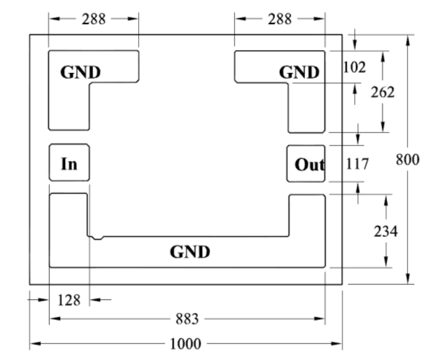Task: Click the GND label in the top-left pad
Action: pos(81,72)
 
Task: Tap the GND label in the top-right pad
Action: pos(299,72)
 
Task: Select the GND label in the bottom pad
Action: pos(190,252)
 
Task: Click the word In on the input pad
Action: pos(69,164)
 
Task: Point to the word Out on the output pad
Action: pos(310,165)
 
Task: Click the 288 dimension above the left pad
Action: pos(94,19)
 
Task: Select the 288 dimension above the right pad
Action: pos(280,19)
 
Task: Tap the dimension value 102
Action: pos(355,67)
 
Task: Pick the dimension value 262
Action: pos(383,92)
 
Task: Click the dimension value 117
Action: pos(357,164)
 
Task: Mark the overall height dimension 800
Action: pos(407,159)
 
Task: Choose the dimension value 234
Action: pos(386,231)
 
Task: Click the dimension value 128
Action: pos(69,300)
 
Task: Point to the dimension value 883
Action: pos(187,319)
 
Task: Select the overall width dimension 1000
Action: pos(186,344)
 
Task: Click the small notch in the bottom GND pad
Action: pos(97,238)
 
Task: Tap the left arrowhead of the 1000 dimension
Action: pos(35,343)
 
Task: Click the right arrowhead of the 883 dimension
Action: pos(320,319)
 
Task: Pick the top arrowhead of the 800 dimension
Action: pos(408,40)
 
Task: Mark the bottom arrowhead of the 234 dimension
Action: pos(386,262)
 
